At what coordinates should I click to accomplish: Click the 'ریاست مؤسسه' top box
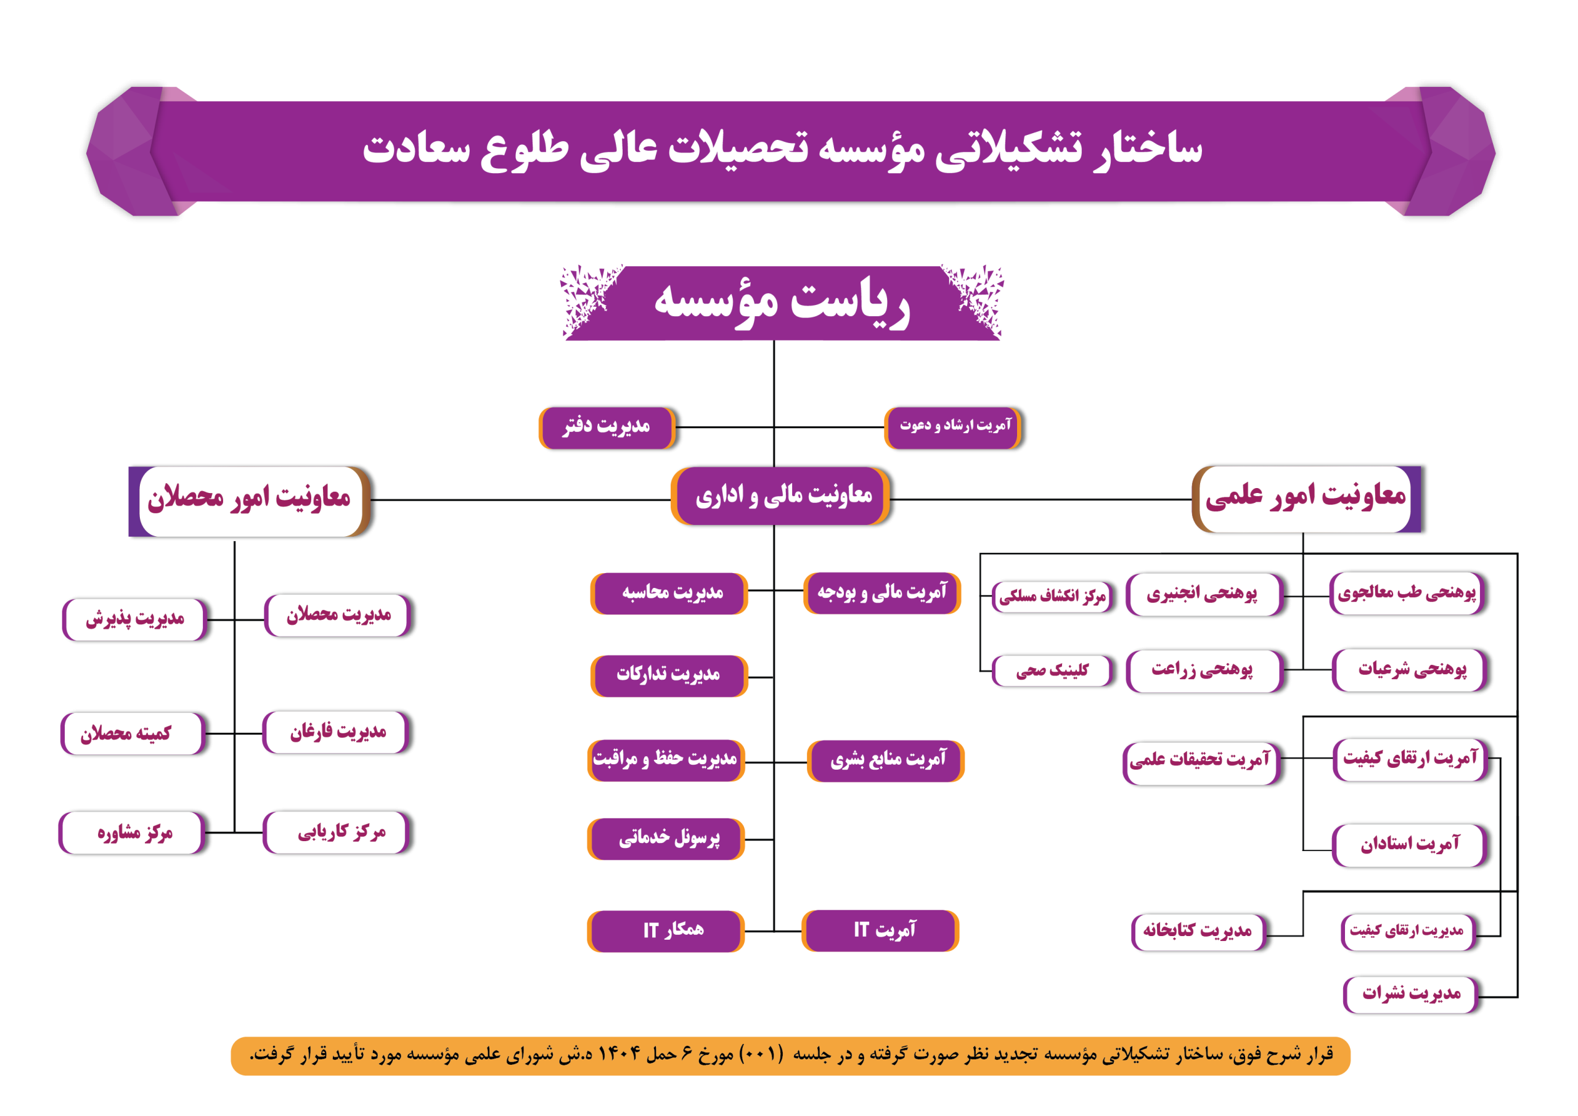782,303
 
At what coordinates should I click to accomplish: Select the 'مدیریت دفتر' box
608,428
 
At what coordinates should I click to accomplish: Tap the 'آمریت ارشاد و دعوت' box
953,428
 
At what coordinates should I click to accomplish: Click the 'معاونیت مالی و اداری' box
781,495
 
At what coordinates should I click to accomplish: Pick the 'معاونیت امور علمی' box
1307,499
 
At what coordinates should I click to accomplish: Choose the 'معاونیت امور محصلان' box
250,501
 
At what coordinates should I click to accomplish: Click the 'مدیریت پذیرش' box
135,619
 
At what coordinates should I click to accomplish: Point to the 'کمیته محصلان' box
133,733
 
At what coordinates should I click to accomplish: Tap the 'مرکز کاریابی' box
337,832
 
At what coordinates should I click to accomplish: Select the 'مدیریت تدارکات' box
669,675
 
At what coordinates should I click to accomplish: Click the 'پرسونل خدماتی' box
667,838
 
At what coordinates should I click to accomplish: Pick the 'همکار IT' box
667,931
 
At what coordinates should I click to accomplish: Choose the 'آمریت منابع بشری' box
886,760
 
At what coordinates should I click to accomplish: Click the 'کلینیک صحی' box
1052,670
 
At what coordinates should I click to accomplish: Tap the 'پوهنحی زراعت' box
1204,670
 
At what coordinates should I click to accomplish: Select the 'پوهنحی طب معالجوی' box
1407,593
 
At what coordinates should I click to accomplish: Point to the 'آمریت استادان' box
1410,845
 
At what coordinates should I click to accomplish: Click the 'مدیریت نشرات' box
1411,995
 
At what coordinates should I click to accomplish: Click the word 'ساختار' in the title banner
1148,149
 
